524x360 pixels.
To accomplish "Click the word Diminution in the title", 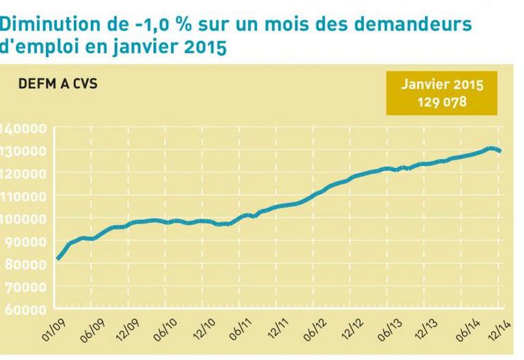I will point(44,24).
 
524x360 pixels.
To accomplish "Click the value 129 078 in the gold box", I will point(442,102).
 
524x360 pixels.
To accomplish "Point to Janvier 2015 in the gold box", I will point(442,85).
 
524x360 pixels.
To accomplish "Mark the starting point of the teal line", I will point(58,258).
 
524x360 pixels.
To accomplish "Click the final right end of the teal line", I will point(500,151).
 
